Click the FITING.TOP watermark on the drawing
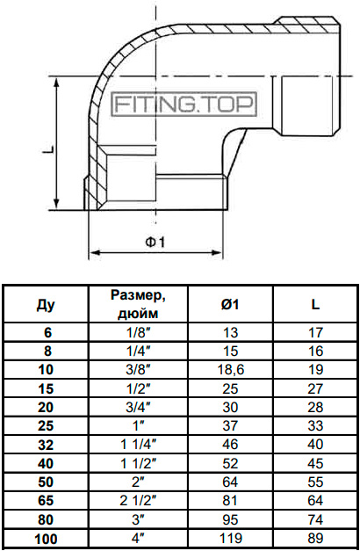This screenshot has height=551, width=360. (184, 104)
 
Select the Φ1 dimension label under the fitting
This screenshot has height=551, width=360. (155, 242)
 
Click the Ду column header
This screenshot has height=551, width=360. (46, 305)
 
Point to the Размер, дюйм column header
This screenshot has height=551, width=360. (138, 303)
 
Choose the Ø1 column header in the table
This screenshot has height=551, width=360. (230, 304)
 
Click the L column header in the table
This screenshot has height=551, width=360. (315, 304)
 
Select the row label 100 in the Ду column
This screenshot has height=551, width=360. (46, 539)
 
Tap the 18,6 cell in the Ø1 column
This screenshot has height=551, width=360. (230, 370)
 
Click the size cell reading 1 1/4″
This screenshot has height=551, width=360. (138, 445)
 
